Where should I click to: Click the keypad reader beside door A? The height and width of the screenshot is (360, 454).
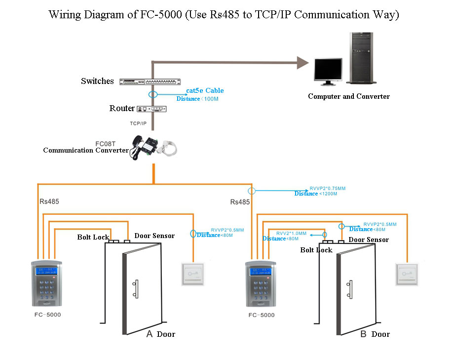(x=46, y=284)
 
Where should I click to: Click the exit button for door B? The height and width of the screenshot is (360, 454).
(x=407, y=275)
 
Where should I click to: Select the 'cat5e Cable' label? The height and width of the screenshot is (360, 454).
(x=205, y=90)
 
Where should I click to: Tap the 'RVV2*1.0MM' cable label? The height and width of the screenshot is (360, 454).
(x=291, y=233)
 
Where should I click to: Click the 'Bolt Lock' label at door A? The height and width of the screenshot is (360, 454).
(x=93, y=237)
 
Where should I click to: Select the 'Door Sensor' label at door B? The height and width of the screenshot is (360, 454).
(x=369, y=240)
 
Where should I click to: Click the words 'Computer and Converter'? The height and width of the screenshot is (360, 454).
(x=348, y=96)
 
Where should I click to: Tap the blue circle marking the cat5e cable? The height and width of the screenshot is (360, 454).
(x=153, y=94)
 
